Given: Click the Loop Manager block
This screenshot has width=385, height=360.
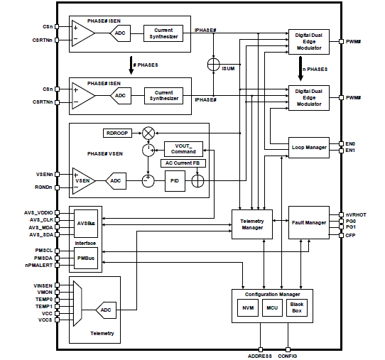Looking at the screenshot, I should pos(309,148).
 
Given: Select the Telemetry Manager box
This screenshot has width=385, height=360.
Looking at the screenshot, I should pos(253,224).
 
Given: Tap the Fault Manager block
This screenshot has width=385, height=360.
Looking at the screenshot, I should pos(308,222).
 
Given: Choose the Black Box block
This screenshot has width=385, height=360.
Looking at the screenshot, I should pos(296,307).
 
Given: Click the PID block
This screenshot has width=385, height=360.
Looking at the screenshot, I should pos(174,182).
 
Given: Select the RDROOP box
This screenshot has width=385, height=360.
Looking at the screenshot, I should pos(117,133).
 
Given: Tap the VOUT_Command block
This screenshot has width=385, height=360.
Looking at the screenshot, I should pos(183,148).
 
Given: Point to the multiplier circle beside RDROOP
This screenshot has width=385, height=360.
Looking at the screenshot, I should pos(148,133).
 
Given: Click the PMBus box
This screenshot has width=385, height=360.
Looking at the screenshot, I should pos(87,258).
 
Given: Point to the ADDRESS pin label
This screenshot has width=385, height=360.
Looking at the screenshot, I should pos(261,354).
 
